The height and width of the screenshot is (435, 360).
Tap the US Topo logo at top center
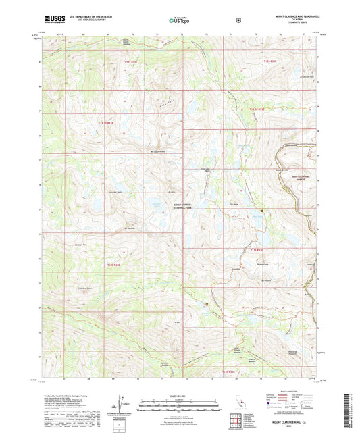pyautogui.click(x=179, y=20)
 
